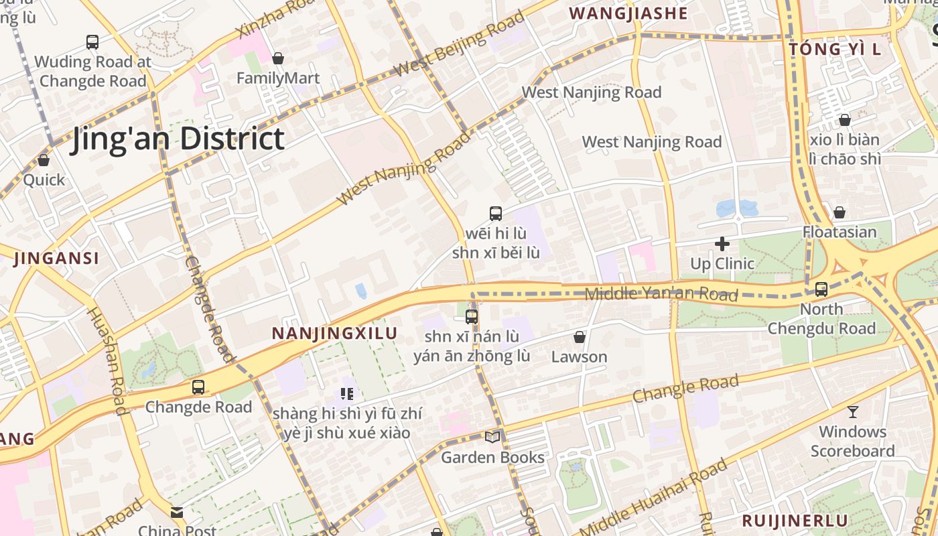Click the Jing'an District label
pyautogui.click(x=178, y=139)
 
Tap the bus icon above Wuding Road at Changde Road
pyautogui.click(x=92, y=42)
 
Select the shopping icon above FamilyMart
pyautogui.click(x=278, y=59)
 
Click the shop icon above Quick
pyautogui.click(x=44, y=161)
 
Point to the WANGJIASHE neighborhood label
pyautogui.click(x=628, y=13)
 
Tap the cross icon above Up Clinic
pyautogui.click(x=722, y=244)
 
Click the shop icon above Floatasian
pyautogui.click(x=839, y=213)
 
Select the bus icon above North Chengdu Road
pyautogui.click(x=821, y=289)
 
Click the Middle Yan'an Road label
pyautogui.click(x=661, y=293)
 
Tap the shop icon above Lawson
pyautogui.click(x=579, y=337)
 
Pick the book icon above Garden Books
pyautogui.click(x=492, y=437)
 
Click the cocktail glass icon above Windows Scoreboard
pyautogui.click(x=852, y=412)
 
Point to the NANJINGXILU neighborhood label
pyautogui.click(x=334, y=333)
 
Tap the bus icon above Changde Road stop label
pyautogui.click(x=198, y=387)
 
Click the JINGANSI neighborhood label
pyautogui.click(x=56, y=258)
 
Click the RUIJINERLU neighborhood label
pyautogui.click(x=794, y=521)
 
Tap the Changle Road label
pyautogui.click(x=685, y=389)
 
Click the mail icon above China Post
pyautogui.click(x=177, y=513)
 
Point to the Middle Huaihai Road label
pyautogui.click(x=653, y=496)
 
